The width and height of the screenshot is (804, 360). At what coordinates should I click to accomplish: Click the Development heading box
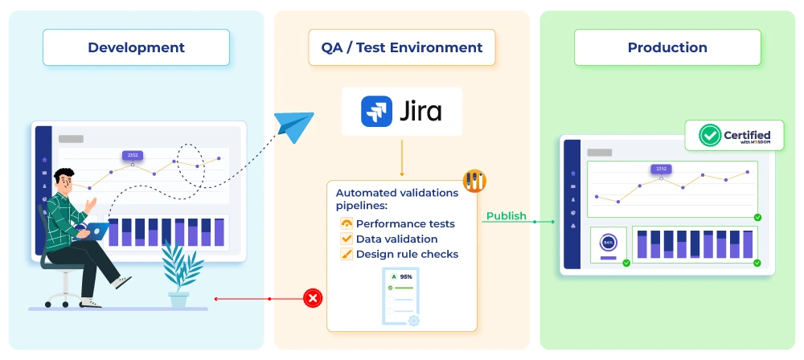[x=136, y=47]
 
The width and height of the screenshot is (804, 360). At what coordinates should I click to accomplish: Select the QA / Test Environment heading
[x=402, y=47]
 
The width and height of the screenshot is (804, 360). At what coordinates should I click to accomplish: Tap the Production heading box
[x=667, y=47]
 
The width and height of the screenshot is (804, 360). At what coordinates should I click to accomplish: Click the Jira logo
[x=401, y=111]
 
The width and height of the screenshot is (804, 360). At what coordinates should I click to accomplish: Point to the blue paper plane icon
[x=293, y=125]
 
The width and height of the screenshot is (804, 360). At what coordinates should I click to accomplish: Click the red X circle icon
[x=313, y=298]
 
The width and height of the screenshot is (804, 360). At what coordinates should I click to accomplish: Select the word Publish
[x=507, y=216]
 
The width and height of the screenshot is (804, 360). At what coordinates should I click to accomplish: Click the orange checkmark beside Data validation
[x=347, y=239]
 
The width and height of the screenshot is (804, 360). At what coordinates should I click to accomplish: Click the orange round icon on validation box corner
[x=474, y=181]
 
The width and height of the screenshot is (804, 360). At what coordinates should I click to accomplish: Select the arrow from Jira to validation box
[x=401, y=157]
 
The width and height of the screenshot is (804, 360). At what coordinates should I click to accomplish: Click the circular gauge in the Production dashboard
[x=609, y=242]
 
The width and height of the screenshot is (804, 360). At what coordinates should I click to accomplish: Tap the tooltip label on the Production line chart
[x=661, y=169]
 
